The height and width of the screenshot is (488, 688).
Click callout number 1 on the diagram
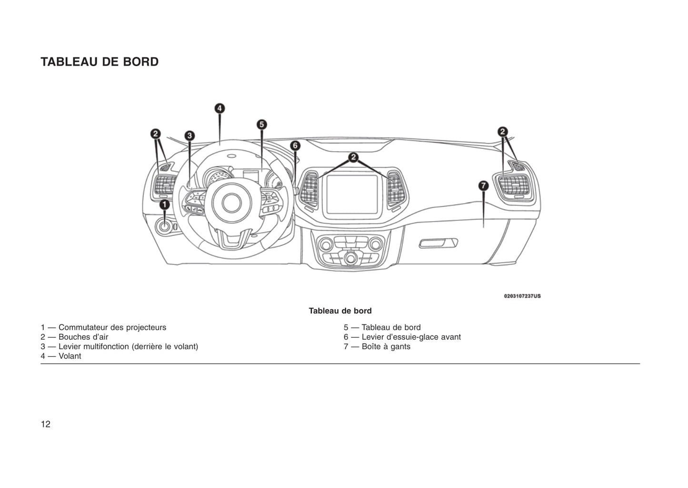164,205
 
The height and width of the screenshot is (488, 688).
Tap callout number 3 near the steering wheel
189,136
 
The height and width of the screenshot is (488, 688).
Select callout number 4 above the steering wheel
219,108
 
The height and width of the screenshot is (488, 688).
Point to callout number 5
261,125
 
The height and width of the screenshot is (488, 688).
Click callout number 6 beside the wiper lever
295,146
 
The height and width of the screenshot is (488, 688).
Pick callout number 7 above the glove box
483,185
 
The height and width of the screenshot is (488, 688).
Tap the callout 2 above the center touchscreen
353,157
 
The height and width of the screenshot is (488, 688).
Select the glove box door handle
438,244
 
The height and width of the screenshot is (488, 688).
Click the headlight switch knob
164,226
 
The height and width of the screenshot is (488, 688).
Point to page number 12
45,424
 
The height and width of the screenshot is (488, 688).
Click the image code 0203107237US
522,296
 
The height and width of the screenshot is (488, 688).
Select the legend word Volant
70,356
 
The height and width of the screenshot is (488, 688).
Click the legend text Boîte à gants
386,347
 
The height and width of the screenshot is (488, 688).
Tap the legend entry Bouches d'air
83,337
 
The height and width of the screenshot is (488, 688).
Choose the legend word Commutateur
83,328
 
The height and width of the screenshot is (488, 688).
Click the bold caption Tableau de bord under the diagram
340,311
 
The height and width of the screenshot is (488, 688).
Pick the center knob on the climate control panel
351,257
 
